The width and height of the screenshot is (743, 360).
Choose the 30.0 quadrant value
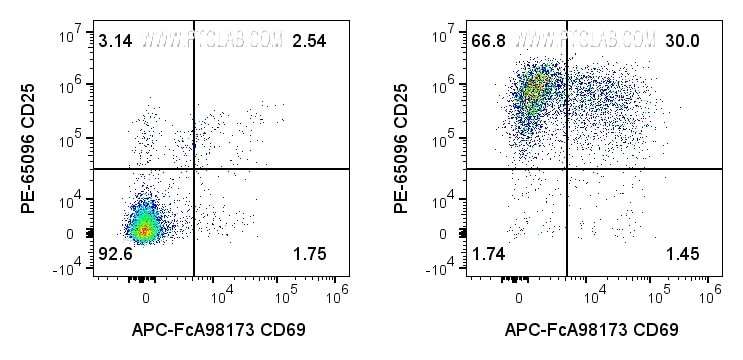tap(681, 41)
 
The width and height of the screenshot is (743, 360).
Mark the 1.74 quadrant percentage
tap(487, 255)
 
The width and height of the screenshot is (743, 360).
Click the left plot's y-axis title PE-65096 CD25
tap(31, 150)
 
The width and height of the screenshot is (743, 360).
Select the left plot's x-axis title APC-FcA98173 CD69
tap(218, 329)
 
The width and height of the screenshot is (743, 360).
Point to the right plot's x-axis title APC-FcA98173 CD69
tap(592, 329)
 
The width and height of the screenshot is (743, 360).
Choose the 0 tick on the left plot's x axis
tap(146, 298)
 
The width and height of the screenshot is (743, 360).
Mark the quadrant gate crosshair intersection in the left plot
tap(192, 169)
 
